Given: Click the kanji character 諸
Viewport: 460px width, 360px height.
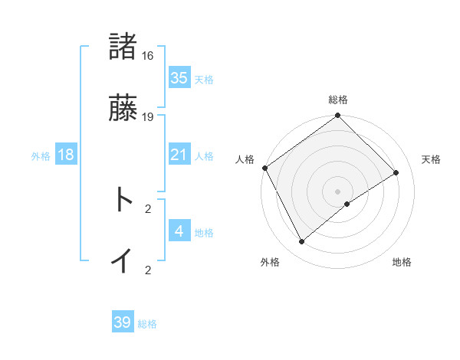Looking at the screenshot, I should [123, 47].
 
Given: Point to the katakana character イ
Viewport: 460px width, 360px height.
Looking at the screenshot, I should [123, 260].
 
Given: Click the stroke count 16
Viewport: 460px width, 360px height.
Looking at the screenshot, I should [148, 56].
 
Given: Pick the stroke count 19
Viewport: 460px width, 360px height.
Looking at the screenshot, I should [148, 117].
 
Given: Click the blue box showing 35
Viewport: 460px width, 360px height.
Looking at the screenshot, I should [179, 78].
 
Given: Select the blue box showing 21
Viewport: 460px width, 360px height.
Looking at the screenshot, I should [179, 155].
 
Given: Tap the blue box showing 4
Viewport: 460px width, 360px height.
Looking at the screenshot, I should [179, 231].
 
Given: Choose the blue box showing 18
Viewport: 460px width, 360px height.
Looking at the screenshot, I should [66, 155].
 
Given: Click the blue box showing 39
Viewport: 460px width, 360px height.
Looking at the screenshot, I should [123, 322].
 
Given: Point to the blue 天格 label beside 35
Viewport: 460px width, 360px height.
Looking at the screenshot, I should [204, 80].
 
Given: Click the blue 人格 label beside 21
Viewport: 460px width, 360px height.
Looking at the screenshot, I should [204, 156].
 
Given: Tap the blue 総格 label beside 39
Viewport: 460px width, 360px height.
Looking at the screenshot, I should [147, 324].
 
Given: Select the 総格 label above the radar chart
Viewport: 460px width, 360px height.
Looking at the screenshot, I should [338, 100].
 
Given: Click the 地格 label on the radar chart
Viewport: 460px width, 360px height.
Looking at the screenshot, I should [402, 262].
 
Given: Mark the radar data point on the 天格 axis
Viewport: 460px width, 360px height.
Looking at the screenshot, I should [396, 173].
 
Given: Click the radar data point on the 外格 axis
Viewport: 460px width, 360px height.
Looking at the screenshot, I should [302, 242].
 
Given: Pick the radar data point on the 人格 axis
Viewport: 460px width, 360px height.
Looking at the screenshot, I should [264, 168].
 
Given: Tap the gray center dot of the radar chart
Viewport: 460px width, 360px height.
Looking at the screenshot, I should [338, 191].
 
